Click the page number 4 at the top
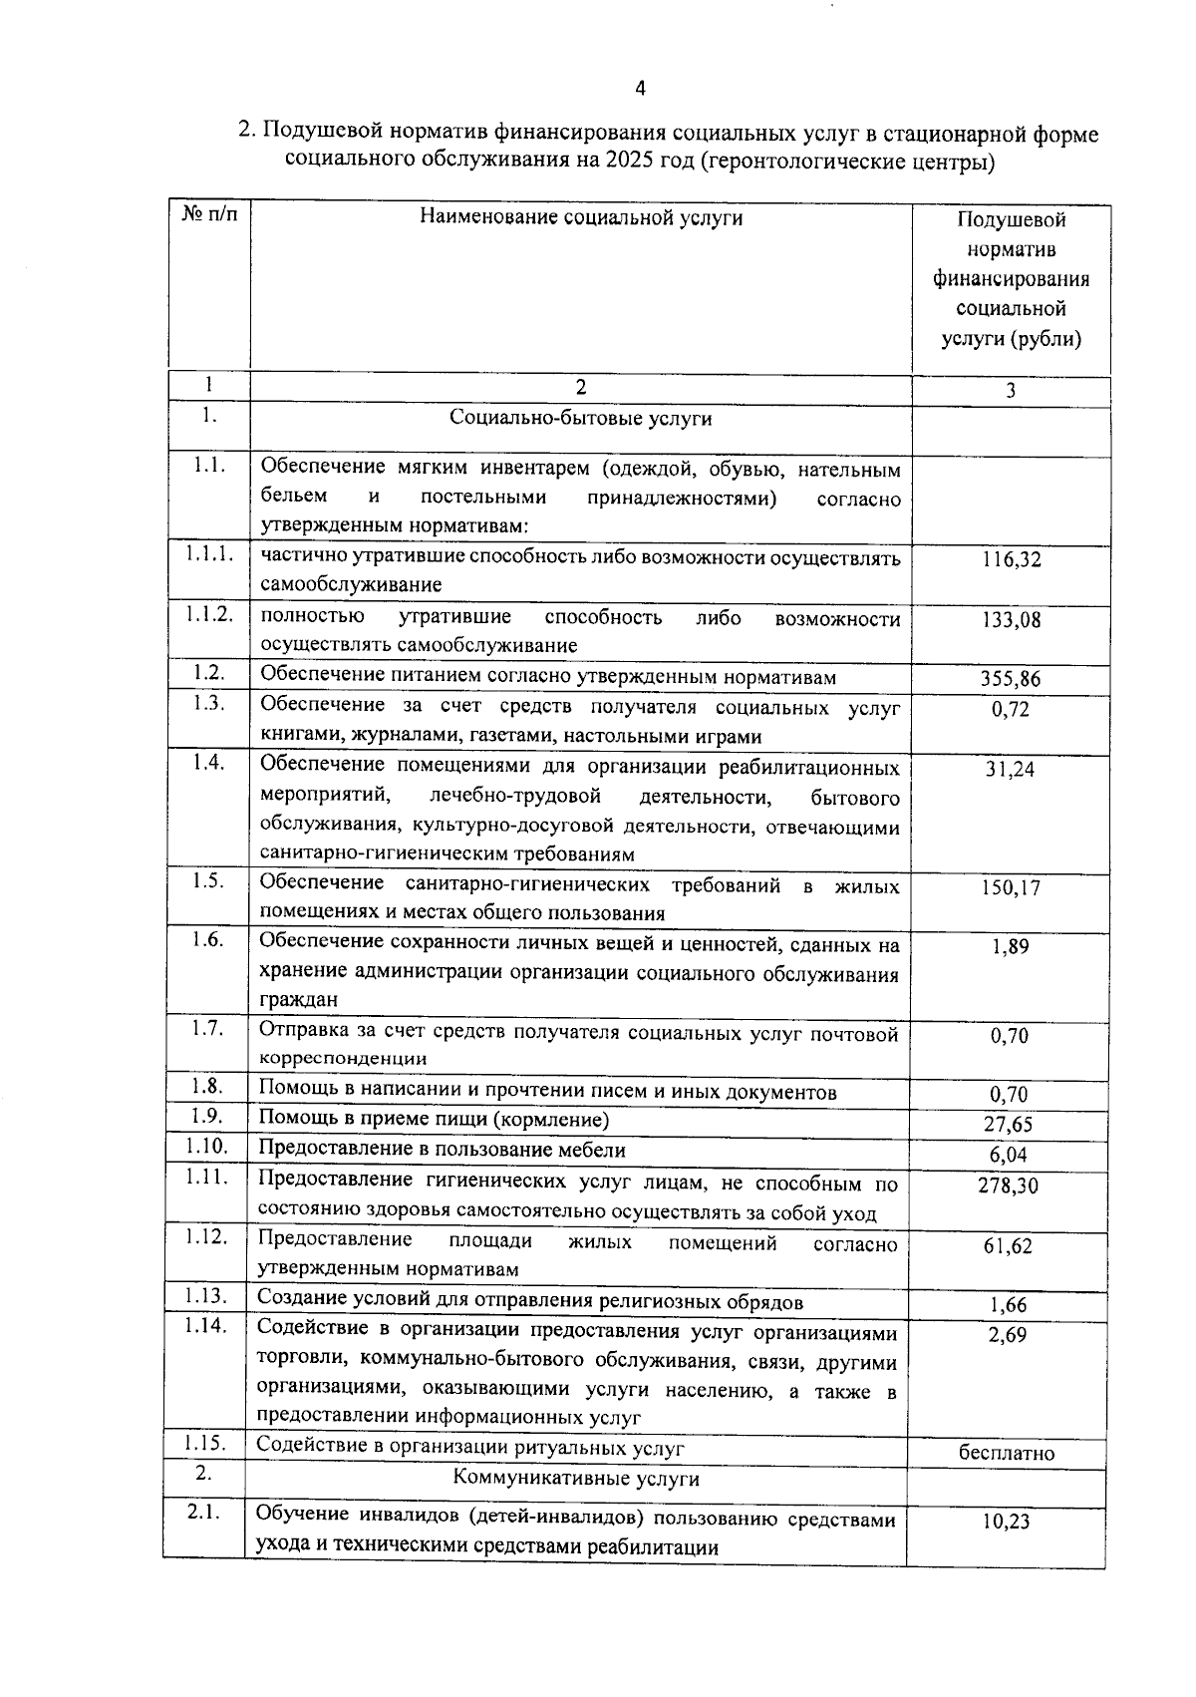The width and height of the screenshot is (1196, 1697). [x=640, y=89]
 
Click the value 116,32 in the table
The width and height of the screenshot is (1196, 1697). [x=1011, y=559]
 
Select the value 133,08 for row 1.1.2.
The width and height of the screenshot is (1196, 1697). [x=1011, y=620]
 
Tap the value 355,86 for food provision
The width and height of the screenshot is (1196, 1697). [x=1011, y=680]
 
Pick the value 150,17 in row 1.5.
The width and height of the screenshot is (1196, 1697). [x=1011, y=887]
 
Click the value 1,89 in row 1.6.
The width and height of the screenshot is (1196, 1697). [x=1010, y=947]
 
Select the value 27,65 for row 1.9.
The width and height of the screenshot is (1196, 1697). [x=1009, y=1125]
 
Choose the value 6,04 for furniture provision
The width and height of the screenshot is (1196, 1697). [x=1009, y=1155]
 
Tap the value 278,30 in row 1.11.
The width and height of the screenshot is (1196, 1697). [x=1009, y=1186]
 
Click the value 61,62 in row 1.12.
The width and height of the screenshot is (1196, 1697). [x=1009, y=1246]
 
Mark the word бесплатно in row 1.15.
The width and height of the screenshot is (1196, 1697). [x=1007, y=1453]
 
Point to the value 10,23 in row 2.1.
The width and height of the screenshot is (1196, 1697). [x=1007, y=1522]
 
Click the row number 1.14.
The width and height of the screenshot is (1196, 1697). [x=205, y=1326]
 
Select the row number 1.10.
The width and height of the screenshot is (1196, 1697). [x=206, y=1147]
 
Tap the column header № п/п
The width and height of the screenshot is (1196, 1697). [x=209, y=214]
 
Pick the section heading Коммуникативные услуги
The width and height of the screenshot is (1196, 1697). [x=576, y=1479]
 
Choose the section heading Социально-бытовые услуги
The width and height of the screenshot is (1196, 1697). [x=581, y=418]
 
